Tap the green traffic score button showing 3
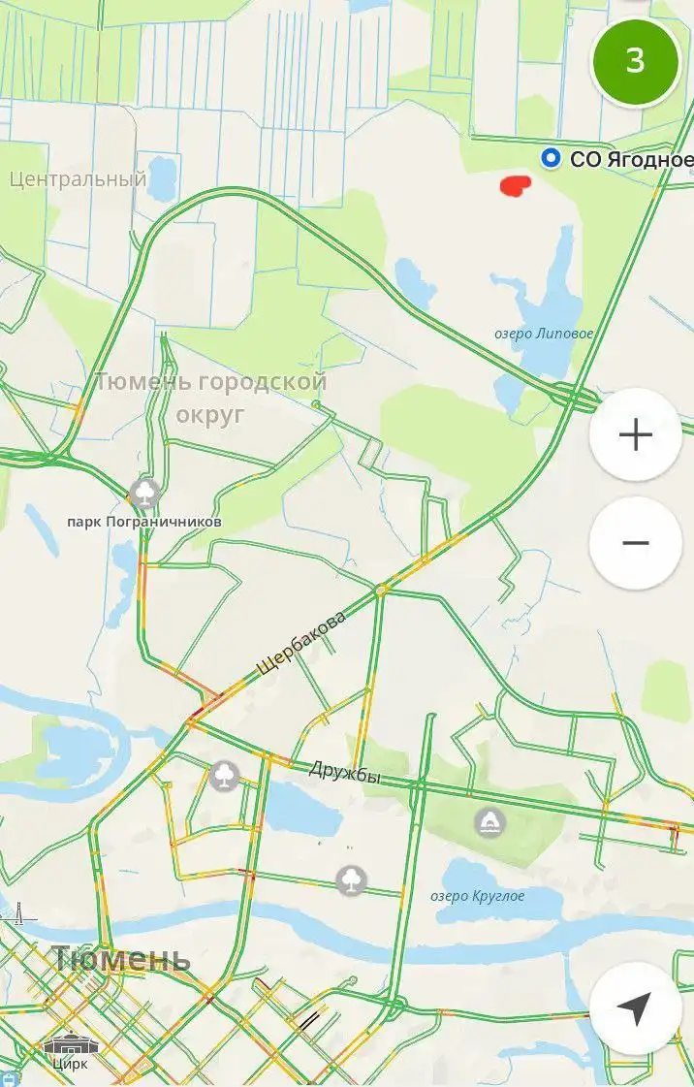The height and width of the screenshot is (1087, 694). [x=635, y=61]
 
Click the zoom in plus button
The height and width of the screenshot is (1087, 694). [x=635, y=435]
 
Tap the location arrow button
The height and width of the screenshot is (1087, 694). [x=635, y=1008]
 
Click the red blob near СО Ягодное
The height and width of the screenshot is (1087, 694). [x=514, y=184]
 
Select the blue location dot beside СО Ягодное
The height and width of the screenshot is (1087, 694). [x=552, y=158]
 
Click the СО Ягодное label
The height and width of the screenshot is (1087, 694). [x=631, y=159]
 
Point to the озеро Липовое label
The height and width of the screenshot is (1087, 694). [x=544, y=334]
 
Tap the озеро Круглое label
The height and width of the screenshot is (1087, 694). [x=478, y=896]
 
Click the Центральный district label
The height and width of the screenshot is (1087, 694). [x=78, y=178]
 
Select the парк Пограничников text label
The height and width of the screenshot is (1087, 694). [x=143, y=522]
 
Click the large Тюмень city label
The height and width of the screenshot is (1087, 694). [x=121, y=959]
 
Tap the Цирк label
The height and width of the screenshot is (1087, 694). [x=70, y=1064]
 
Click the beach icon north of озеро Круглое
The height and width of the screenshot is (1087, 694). [x=490, y=823]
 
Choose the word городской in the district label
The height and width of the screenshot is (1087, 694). [x=262, y=382]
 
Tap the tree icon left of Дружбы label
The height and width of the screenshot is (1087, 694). [x=225, y=776]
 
